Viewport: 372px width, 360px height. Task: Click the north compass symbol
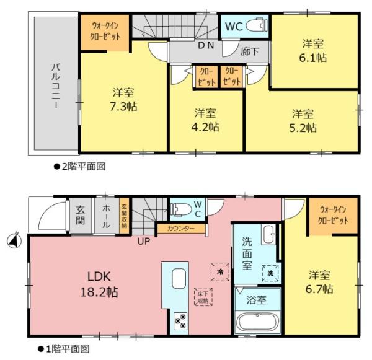pos(14,240)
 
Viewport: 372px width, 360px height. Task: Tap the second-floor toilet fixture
pos(257,25)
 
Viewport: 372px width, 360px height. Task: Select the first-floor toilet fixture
pos(181,210)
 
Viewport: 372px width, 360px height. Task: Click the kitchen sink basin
pos(179,278)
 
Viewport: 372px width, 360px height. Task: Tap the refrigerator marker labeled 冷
pos(220,272)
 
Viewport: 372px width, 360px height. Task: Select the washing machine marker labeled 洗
pos(270,273)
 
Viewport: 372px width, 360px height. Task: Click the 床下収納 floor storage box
pos(203,297)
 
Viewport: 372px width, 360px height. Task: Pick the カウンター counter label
pos(181,229)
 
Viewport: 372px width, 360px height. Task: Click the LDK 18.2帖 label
pos(99,284)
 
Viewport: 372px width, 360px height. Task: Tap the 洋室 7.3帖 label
pos(123,100)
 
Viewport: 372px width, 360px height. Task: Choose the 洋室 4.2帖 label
pos(205,120)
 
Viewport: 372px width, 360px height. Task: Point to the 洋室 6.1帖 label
pos(312,51)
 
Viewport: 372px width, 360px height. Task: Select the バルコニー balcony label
pos(56,86)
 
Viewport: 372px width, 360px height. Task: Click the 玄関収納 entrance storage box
pos(124,216)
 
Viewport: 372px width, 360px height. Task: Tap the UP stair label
pos(144,241)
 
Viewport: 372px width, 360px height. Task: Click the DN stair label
pos(206,45)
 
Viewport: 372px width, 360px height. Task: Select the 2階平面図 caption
pos(80,167)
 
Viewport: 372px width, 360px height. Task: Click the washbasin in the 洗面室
pos(269,234)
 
